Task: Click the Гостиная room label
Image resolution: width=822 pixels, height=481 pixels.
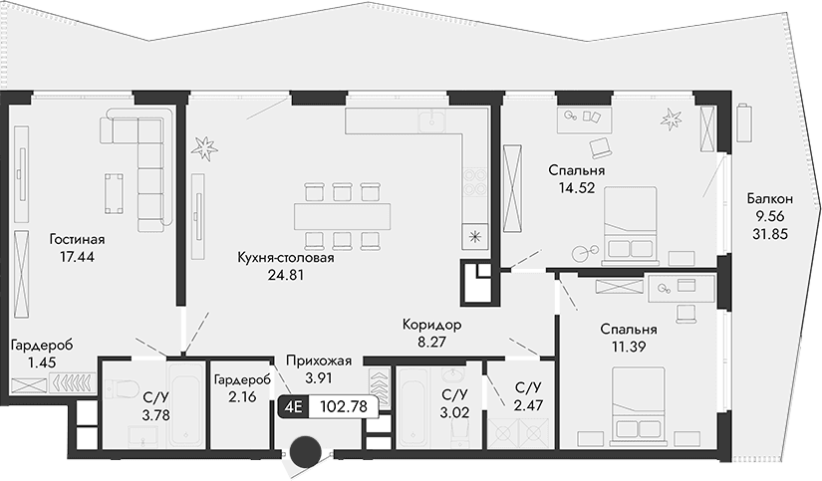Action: click(77, 239)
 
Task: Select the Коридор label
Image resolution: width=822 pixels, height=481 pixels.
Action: click(431, 325)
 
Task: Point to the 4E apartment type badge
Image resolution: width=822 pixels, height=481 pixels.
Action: click(294, 406)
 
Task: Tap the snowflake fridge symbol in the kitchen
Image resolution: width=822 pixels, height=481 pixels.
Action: click(475, 236)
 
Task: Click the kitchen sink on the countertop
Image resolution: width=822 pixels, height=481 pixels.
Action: click(432, 121)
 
